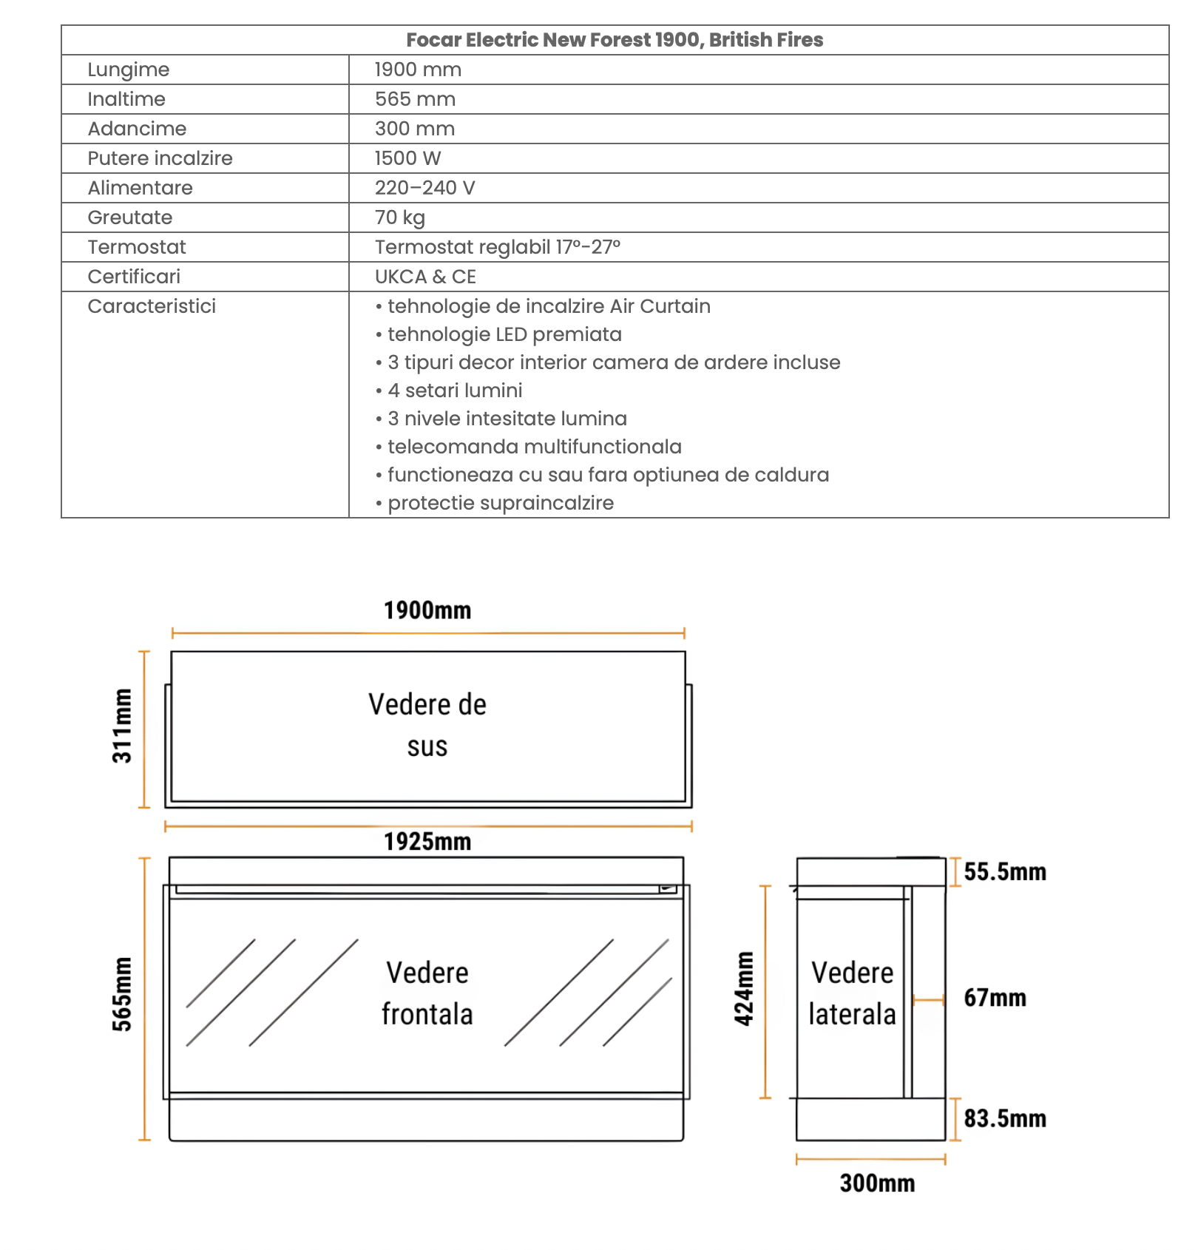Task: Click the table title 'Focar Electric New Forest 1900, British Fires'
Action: pos(615,40)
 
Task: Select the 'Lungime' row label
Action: pos(129,70)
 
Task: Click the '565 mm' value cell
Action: pos(415,99)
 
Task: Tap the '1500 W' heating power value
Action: pos(407,158)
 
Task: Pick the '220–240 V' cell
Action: pos(424,188)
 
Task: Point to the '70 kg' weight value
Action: pos(400,217)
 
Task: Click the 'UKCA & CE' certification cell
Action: pos(425,277)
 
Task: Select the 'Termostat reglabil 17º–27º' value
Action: pos(497,247)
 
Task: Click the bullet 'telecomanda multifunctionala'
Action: pos(534,447)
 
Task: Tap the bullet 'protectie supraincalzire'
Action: pos(500,503)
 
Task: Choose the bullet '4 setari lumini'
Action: pos(454,391)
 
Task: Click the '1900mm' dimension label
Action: pos(427,610)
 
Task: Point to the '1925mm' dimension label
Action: pos(427,842)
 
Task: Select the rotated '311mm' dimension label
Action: pos(122,726)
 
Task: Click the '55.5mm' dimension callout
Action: pos(1005,872)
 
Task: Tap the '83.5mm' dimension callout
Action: pos(1005,1118)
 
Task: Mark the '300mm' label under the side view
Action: pos(877,1183)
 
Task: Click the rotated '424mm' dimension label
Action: pos(744,989)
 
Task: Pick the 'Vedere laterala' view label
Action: pos(852,993)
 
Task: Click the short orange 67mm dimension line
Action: pos(929,1000)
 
